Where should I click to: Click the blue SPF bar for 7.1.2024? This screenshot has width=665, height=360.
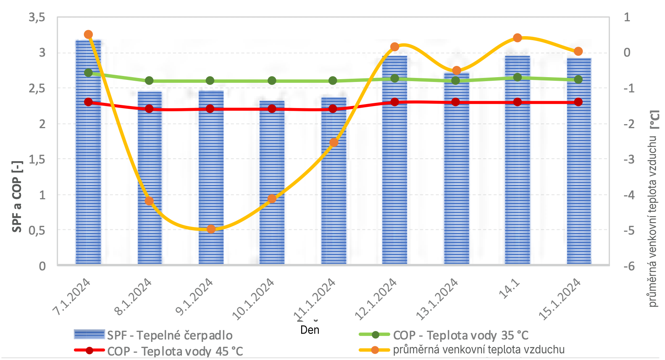tap(88, 161)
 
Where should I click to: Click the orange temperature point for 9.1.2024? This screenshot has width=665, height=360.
tap(211, 229)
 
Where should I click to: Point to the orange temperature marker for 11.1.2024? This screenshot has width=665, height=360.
tap(334, 143)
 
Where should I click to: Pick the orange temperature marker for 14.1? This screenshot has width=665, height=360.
tap(518, 38)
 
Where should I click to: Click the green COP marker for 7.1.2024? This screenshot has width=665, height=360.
tap(89, 73)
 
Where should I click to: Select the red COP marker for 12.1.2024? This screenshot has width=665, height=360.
tap(395, 102)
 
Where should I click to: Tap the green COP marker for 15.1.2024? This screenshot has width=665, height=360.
tap(578, 80)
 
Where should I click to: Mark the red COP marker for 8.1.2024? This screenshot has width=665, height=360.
tap(149, 109)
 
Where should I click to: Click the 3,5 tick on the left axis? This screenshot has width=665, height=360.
tap(37, 17)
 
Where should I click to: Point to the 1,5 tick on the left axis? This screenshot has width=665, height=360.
tap(37, 160)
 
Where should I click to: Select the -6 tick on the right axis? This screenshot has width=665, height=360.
tap(629, 266)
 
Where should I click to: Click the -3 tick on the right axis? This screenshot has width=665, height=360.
tap(629, 160)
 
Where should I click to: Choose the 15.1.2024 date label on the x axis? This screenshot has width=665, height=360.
tap(560, 299)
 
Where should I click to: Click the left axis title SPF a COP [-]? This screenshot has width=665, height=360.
tap(17, 197)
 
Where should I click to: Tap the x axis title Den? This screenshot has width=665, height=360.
tap(310, 330)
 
